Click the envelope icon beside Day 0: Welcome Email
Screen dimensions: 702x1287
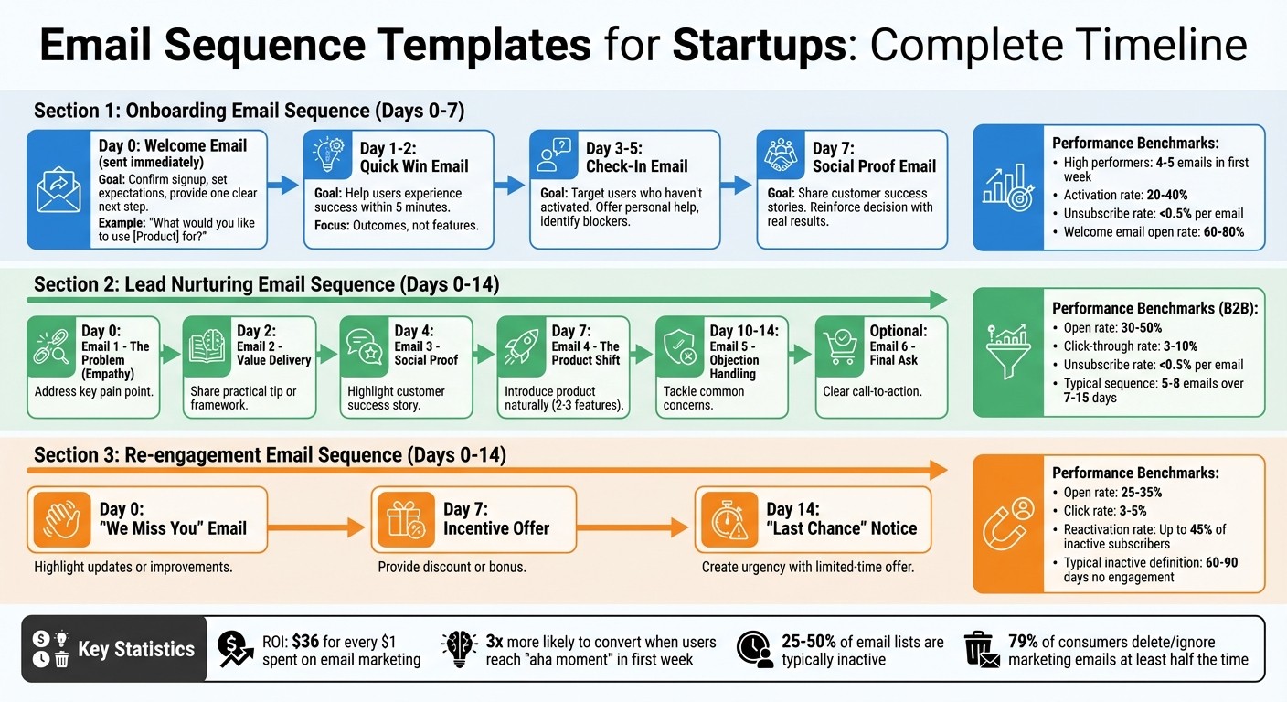pyautogui.click(x=59, y=190)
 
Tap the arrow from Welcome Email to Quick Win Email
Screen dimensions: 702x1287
pyautogui.click(x=284, y=186)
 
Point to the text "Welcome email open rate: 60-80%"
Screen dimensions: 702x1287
pyautogui.click(x=1154, y=232)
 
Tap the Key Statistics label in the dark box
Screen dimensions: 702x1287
pyautogui.click(x=136, y=649)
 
